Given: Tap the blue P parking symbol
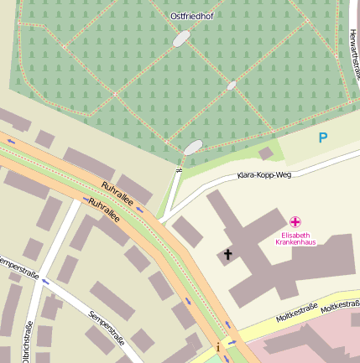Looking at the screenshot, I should [x=323, y=137].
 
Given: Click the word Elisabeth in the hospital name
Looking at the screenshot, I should [x=295, y=236].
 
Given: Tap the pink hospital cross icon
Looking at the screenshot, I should [x=295, y=222].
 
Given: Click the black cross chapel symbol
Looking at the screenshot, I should [x=227, y=254].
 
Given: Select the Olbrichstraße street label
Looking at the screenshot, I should [x=28, y=342].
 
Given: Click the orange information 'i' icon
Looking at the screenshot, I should [x=218, y=346].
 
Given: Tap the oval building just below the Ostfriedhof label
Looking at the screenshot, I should [x=182, y=39].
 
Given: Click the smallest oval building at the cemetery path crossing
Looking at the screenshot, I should [x=231, y=86].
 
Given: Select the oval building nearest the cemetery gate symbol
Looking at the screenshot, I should [x=193, y=148].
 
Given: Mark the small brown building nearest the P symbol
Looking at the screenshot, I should [x=266, y=153].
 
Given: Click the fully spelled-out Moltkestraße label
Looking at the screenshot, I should [x=297, y=312].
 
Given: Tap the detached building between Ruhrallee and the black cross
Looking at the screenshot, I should [x=187, y=231].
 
